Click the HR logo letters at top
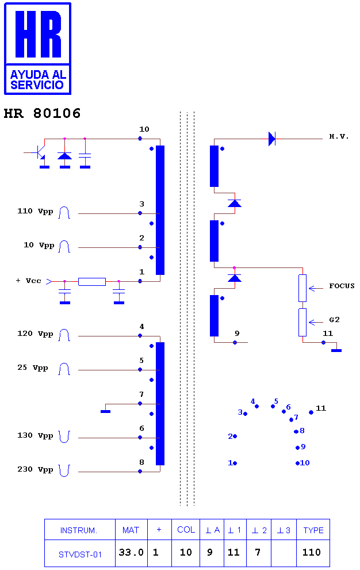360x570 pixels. pos(38,34)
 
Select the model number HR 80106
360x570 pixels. pos(42,113)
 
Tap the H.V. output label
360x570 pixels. pos(339,136)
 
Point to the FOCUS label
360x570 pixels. pos(342,286)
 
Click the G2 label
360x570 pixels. pos(334,320)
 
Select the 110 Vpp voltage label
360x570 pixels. pos(35,211)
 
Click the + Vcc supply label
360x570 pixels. pos(29,281)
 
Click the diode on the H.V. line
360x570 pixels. pos(271,139)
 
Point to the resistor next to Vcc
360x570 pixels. pos(92,281)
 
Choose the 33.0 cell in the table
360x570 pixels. pos(131,552)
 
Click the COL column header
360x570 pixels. pos(186,530)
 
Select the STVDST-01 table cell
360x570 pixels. pos(80,554)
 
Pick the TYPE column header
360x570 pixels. pos(313,530)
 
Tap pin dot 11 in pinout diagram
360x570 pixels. pos(311,412)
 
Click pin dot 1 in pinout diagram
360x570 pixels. pos(235,463)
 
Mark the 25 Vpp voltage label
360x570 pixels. pos(33,368)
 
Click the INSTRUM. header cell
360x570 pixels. pos(79,530)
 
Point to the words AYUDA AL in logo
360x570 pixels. pos(38,75)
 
